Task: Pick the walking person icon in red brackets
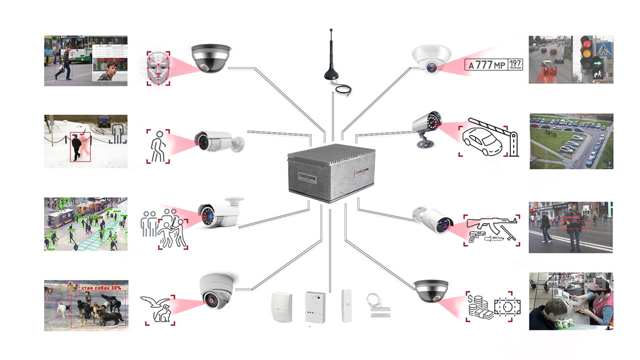click(x=158, y=145)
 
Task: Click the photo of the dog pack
click(x=86, y=305)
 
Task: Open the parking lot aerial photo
click(x=571, y=141)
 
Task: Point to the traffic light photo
click(x=571, y=60)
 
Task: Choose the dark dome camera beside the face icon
click(x=212, y=58)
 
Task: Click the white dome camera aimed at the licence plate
click(x=431, y=59)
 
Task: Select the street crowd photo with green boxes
click(x=85, y=224)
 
